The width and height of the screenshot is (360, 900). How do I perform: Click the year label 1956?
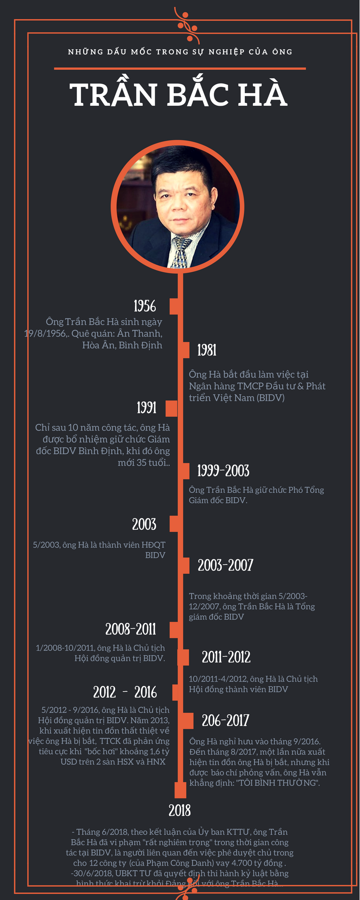point(144,306)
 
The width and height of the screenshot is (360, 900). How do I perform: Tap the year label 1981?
point(207,350)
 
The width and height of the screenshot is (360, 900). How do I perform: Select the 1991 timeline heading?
point(147,408)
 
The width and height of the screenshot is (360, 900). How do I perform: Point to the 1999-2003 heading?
point(223,471)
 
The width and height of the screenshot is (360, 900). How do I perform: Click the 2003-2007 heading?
point(225,565)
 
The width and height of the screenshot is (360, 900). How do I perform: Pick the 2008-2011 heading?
point(130,629)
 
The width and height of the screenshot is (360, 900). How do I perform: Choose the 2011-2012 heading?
point(226,657)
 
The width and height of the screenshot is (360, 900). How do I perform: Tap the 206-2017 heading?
point(225,720)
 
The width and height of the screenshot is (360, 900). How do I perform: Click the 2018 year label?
point(180,810)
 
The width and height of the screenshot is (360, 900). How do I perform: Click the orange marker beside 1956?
point(175,306)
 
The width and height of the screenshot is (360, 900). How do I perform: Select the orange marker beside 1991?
point(171,408)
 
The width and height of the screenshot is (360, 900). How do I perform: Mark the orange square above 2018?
point(180,790)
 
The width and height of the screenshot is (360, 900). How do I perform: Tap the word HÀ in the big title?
point(263,95)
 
